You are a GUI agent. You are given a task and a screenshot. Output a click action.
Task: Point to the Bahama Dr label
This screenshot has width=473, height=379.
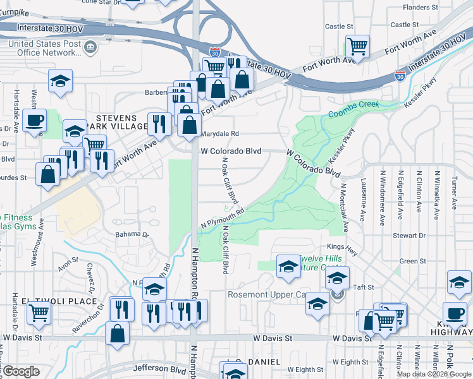click(132, 234)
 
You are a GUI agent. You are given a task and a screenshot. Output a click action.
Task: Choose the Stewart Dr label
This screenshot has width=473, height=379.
click(408, 236)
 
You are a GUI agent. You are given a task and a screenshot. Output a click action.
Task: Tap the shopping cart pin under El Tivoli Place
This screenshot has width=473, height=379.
click(39, 311)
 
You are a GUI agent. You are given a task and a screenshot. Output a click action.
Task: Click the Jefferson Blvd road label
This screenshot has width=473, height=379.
click(154, 368)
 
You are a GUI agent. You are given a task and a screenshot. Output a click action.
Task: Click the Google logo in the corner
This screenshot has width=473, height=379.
click(21, 371)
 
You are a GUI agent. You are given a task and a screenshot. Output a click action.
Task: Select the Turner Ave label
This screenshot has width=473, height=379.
click(454, 193)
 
